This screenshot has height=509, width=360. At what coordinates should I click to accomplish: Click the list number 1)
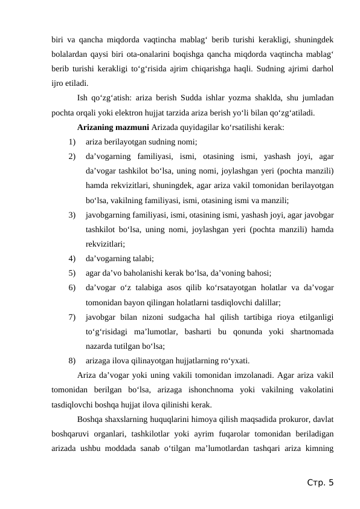(72, 142)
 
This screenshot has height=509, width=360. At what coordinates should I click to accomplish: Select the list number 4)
(72, 258)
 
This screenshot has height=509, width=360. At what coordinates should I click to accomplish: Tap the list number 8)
(72, 361)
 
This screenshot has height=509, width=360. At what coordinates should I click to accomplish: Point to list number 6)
(72, 287)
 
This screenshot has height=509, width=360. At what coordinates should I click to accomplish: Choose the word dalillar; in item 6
(264, 302)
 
